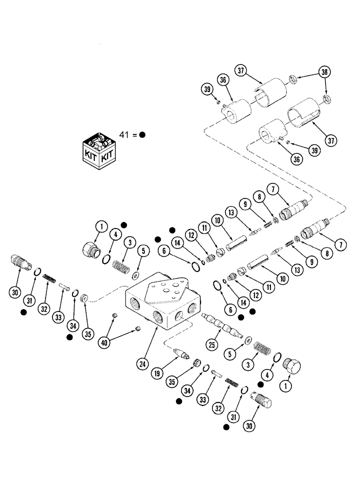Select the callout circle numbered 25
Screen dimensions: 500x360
(213, 344)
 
